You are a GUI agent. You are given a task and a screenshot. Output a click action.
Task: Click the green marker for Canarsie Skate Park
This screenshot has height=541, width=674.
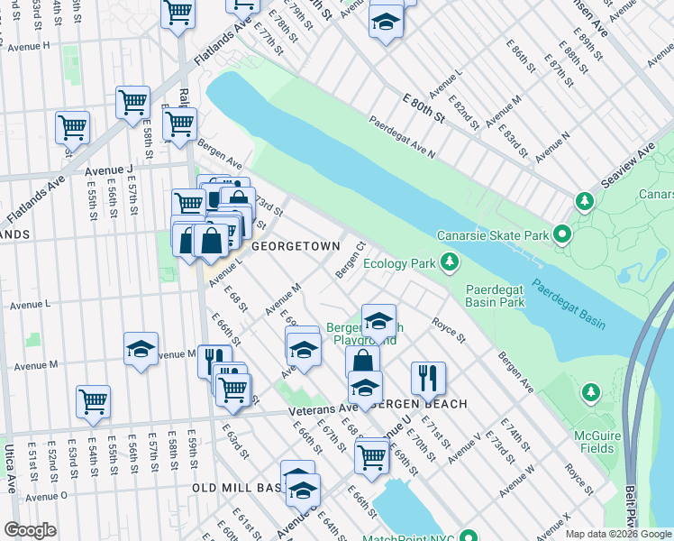click(x=563, y=236)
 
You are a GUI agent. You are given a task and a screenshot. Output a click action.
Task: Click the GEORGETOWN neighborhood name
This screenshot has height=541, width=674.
click(x=295, y=246)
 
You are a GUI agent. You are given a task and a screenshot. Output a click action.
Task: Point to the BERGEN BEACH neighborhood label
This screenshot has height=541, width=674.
click(x=423, y=404)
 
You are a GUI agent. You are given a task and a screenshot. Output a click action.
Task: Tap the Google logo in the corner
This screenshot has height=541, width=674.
click(x=30, y=530)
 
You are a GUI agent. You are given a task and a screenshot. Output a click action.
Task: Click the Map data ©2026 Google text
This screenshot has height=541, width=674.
click(x=618, y=534)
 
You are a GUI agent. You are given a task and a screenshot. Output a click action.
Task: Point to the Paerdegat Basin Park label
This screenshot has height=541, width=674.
click(x=495, y=297)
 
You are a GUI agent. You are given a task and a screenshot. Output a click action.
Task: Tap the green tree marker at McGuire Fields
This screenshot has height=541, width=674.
click(x=590, y=392)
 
